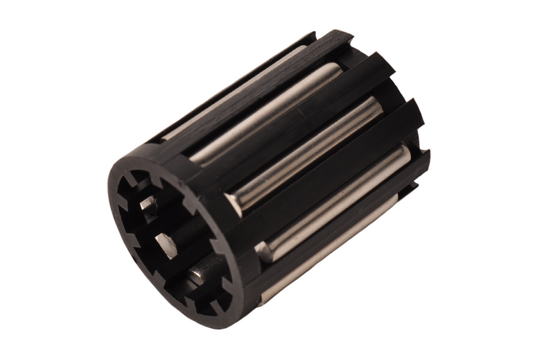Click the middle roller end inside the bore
point(166,246)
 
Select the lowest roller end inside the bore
point(196,275)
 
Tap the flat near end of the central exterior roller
point(235,204)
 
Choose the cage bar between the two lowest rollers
point(335,234)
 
